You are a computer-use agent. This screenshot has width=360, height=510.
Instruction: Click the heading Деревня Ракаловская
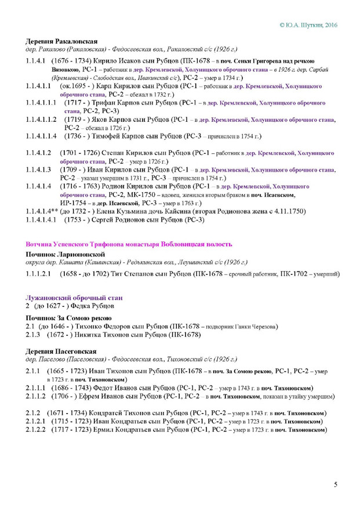click(x=62, y=42)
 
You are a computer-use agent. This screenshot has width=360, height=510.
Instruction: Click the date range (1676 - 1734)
click(x=71, y=60)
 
